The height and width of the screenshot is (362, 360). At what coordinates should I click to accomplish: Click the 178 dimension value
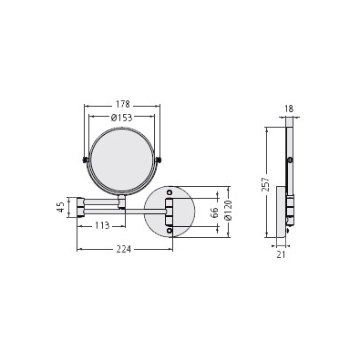[123, 104]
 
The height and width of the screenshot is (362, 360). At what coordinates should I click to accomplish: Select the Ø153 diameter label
[122, 118]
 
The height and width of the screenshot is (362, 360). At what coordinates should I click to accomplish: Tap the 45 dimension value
[61, 207]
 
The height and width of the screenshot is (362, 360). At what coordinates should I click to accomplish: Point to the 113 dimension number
[101, 226]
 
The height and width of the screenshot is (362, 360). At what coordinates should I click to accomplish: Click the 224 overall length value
[124, 249]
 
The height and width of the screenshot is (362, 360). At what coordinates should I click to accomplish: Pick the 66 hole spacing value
[214, 212]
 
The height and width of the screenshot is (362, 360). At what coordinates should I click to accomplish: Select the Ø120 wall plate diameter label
[229, 211]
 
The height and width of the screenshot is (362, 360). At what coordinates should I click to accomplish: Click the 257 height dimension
[266, 184]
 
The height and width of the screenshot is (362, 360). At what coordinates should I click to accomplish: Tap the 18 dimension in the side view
[290, 109]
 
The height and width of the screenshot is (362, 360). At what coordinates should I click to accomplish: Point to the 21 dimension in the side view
[281, 254]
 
